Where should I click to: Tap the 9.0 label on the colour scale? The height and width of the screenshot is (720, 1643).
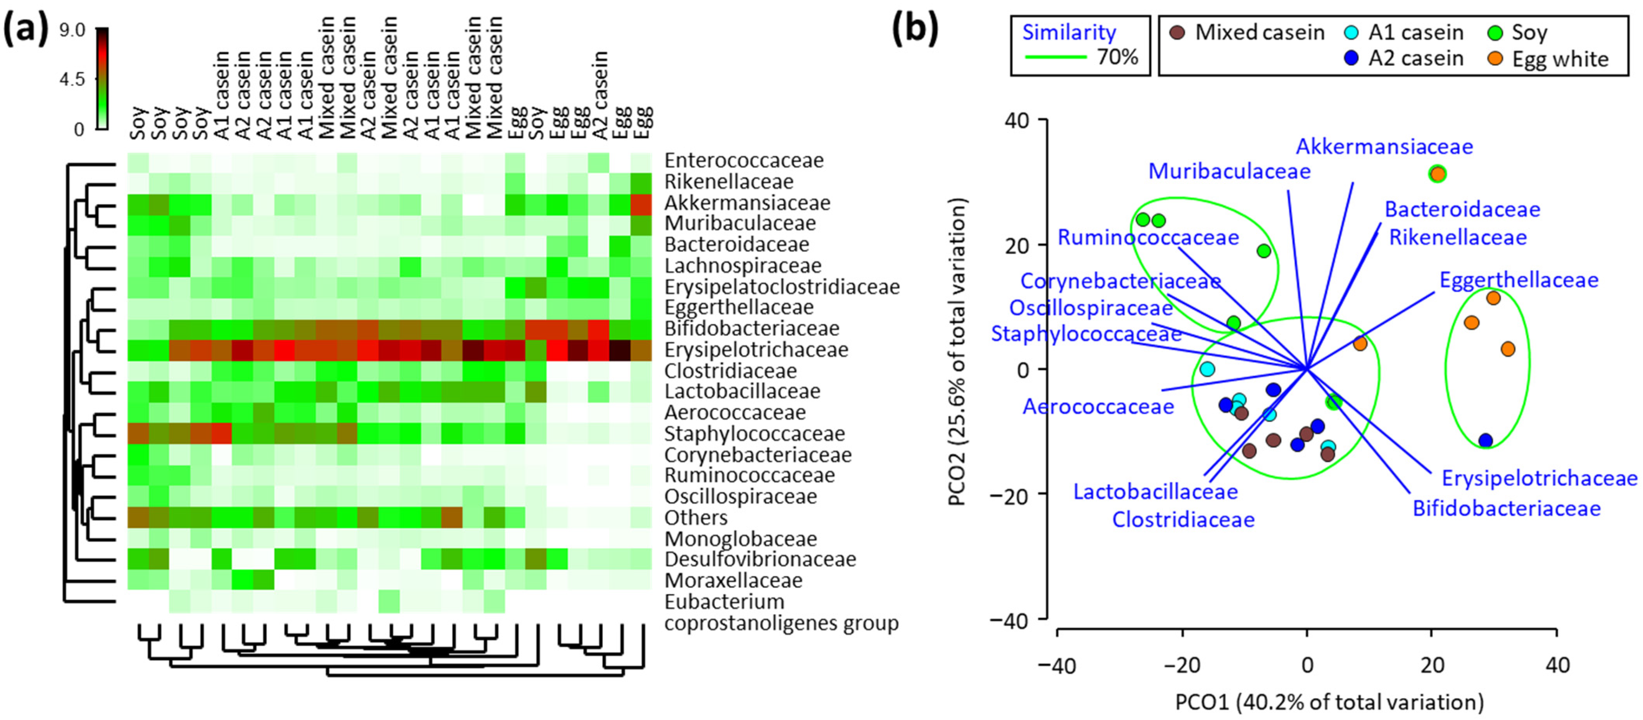(72, 30)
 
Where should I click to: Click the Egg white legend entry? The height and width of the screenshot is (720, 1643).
(1560, 59)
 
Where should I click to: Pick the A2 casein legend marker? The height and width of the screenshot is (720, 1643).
(1350, 59)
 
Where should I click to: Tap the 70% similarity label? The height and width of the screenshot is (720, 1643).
(1117, 57)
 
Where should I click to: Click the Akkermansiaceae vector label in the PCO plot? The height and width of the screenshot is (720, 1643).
(1384, 147)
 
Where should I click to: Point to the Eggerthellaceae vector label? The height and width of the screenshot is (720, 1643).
(1519, 280)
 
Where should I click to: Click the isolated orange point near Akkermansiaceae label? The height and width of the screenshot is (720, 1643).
(1437, 174)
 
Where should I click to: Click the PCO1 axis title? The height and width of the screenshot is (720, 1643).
(1329, 702)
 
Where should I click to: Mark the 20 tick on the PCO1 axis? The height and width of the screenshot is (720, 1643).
(1432, 665)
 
